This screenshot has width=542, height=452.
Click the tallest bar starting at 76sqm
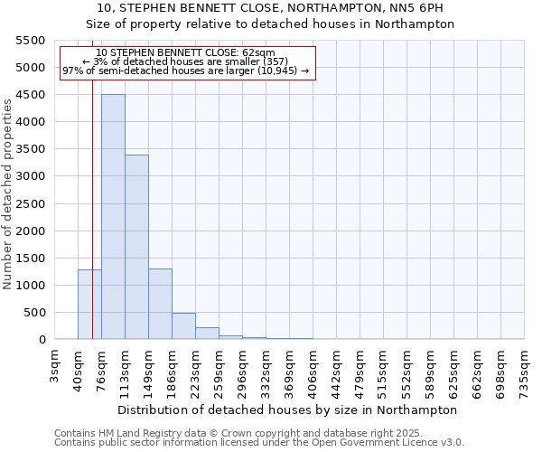coord(113,217)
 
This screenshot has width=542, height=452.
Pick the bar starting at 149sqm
coord(160,304)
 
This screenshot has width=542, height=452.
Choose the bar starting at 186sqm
coord(183,326)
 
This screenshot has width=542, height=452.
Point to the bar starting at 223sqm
coord(207,334)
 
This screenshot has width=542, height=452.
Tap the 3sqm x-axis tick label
coord(55,363)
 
